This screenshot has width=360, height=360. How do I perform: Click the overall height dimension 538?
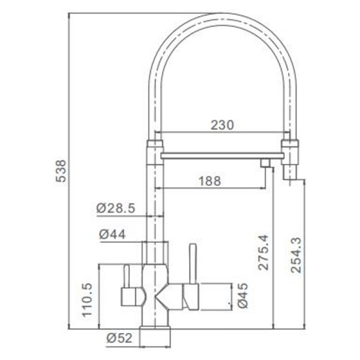point(61,171)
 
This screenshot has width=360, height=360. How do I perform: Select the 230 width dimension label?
point(222,125)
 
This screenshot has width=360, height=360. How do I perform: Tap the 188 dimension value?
point(209,181)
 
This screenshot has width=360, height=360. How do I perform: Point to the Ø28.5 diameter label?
point(115,208)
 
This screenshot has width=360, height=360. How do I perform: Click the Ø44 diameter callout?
point(113,235)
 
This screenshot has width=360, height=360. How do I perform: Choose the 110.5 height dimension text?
point(87,299)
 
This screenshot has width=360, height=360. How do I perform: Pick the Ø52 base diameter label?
point(119,338)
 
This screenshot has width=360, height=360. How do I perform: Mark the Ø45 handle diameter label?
point(242,295)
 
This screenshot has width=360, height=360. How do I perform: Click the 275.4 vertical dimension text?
point(263,252)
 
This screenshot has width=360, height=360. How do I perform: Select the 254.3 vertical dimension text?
point(296,255)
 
